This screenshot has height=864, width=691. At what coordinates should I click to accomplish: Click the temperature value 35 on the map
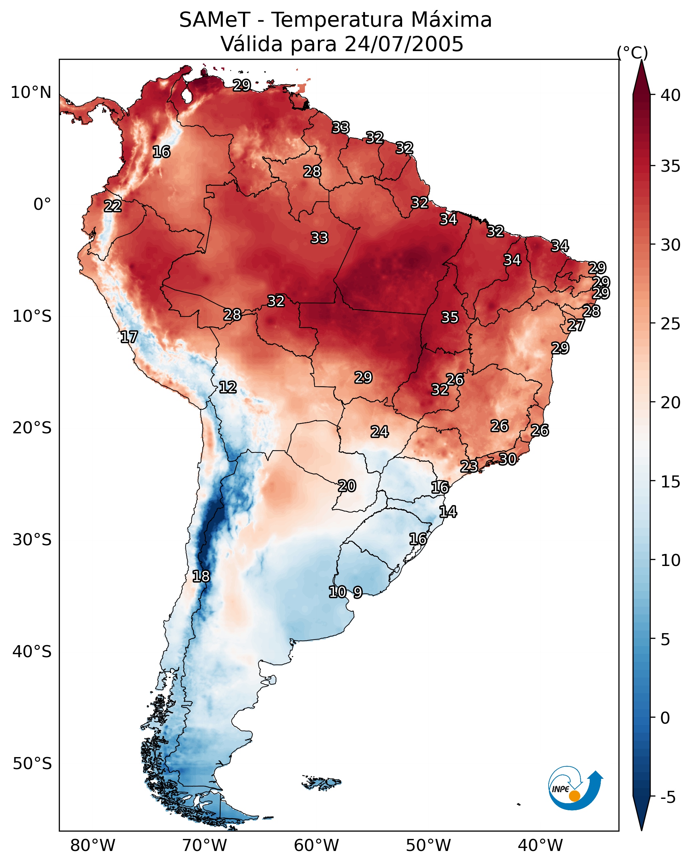(450, 317)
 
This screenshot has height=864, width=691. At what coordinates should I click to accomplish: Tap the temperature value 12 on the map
(228, 387)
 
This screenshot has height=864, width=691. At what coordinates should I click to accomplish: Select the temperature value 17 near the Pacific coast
(129, 337)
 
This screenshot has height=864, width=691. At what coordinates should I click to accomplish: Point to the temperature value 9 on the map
(358, 592)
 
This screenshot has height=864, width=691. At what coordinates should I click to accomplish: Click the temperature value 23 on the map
(469, 466)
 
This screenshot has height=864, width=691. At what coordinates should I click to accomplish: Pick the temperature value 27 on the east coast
(576, 325)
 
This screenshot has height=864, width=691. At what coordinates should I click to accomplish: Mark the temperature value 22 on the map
(113, 206)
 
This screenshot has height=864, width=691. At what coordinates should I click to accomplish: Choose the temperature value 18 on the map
(201, 576)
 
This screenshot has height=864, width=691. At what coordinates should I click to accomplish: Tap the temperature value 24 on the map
(379, 432)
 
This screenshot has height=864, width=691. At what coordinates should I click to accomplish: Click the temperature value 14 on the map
(448, 512)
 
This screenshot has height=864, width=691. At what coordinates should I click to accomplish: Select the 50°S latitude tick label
(32, 764)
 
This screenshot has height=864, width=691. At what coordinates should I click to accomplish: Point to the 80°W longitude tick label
(93, 845)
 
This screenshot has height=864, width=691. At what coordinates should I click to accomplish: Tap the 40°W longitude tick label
(540, 845)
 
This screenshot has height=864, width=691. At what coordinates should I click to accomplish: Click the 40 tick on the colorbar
(671, 95)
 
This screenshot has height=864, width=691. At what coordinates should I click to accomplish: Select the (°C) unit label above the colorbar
(632, 52)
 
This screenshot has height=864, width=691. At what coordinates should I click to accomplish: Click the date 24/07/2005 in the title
(404, 44)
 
